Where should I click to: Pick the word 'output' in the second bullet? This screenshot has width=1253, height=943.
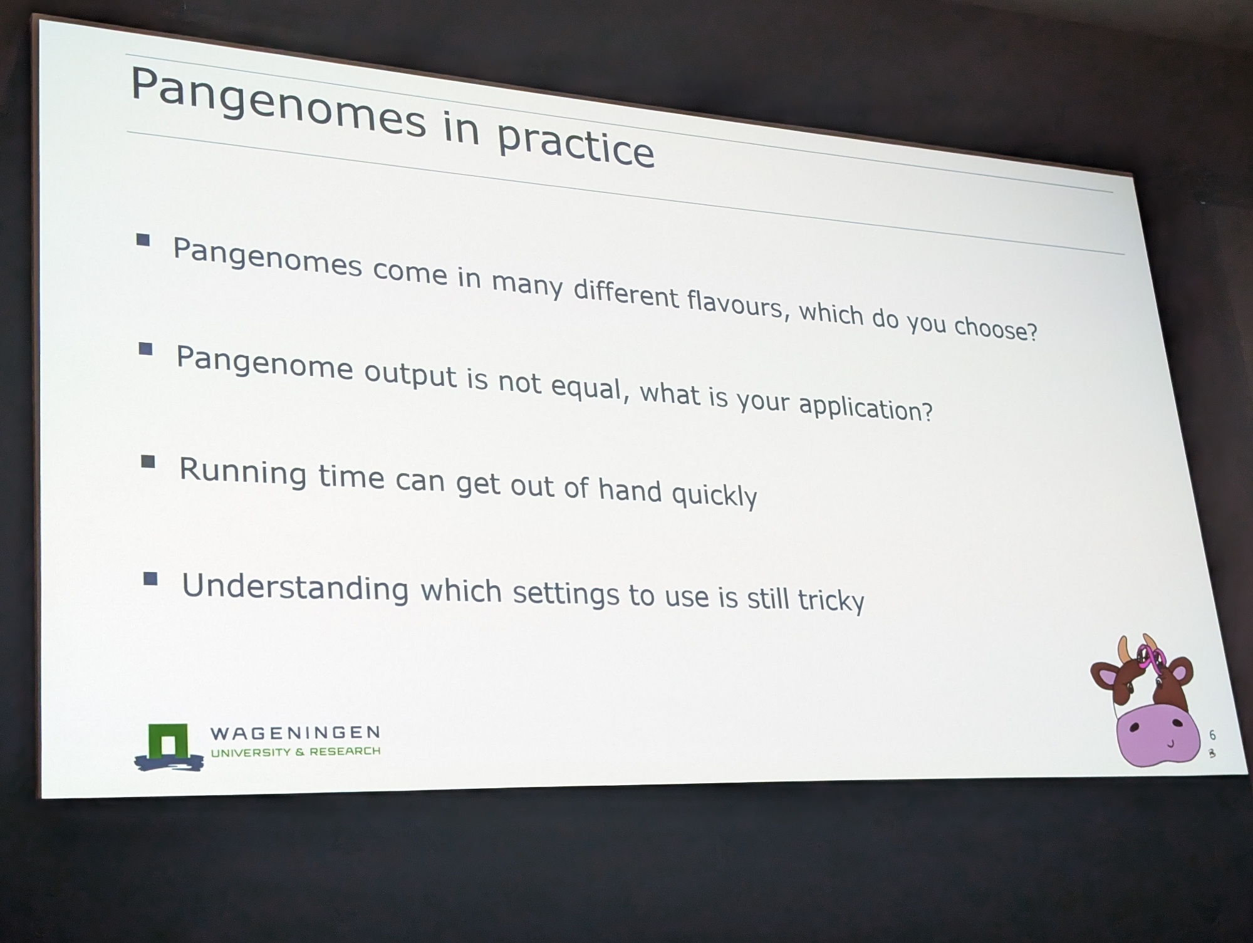[x=410, y=373]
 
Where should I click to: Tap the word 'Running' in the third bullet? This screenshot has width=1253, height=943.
[x=243, y=471]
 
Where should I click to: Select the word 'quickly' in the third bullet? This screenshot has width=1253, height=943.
[x=714, y=495]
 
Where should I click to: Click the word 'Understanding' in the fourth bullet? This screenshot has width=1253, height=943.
[x=295, y=588]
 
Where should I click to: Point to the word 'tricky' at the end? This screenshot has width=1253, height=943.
[x=831, y=600]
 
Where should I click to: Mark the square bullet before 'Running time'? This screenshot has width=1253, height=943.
[x=148, y=462]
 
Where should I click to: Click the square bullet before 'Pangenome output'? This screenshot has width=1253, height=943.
[x=146, y=348]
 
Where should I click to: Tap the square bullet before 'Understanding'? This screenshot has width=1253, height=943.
[x=150, y=578]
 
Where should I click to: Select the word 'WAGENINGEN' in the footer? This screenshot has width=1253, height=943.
[x=295, y=732]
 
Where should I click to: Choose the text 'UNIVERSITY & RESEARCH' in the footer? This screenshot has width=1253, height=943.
[x=295, y=751]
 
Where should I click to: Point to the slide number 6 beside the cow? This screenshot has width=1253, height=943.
[x=1212, y=735]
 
